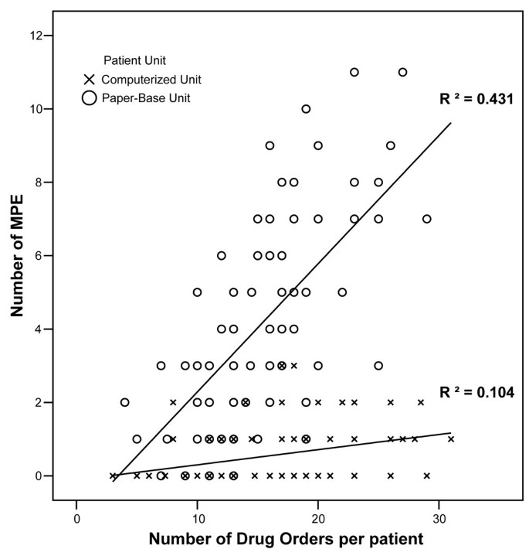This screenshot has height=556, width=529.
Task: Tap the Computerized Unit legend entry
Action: tap(148, 79)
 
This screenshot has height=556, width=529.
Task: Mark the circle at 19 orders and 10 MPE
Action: tap(306, 109)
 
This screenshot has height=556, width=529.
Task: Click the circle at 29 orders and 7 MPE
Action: tap(426, 219)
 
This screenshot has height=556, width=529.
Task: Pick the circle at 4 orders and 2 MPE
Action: tap(125, 402)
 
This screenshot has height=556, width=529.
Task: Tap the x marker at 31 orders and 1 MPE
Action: tap(451, 439)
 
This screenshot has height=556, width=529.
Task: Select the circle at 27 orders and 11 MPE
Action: tap(402, 72)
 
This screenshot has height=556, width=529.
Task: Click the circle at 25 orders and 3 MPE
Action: tap(378, 366)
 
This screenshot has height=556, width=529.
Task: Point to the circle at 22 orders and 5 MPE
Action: tap(342, 292)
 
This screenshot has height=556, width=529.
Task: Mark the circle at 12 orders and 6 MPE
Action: tap(222, 255)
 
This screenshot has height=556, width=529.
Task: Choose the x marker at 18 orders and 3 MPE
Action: tap(294, 366)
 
